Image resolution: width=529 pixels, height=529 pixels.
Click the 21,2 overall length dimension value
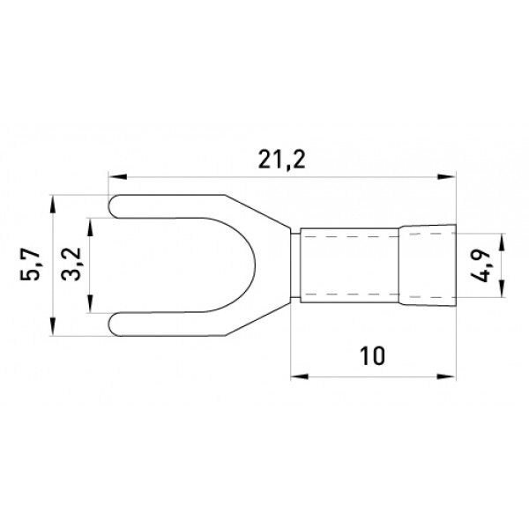(282, 160)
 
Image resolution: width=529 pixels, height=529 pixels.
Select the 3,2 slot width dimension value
(71, 264)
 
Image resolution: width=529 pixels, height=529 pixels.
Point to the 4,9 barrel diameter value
(481, 265)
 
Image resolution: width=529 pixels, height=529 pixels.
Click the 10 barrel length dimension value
(372, 355)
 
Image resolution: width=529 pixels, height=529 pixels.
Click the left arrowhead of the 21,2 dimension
(117, 176)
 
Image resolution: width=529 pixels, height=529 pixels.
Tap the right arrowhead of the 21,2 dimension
(446, 176)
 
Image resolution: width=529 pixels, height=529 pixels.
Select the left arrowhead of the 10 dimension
(300, 376)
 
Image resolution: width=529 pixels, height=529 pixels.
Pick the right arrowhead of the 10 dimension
(447, 376)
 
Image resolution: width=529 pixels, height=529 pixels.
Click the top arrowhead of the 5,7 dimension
(52, 205)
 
